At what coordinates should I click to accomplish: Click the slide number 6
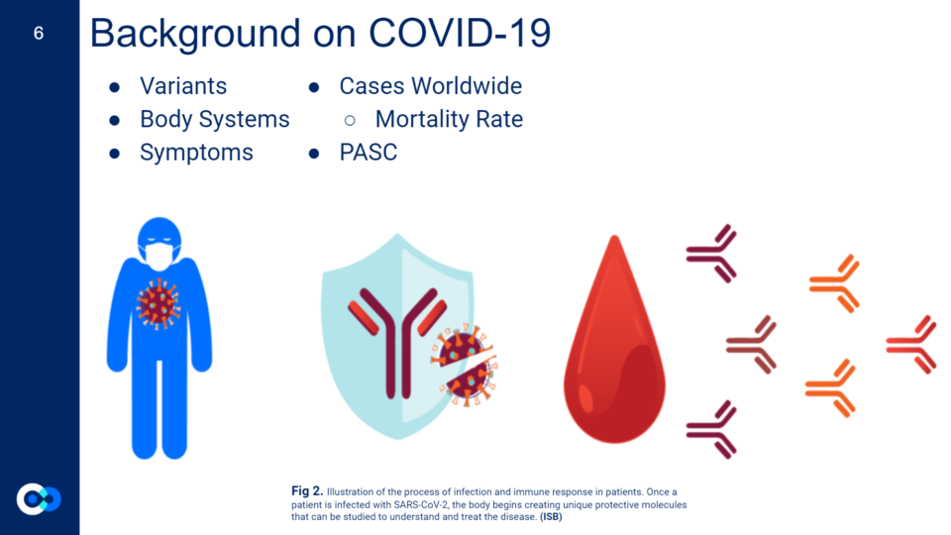(x=39, y=33)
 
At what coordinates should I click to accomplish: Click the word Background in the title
(x=195, y=34)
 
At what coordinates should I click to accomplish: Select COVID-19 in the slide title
(x=460, y=33)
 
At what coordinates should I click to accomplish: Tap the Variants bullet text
(x=183, y=86)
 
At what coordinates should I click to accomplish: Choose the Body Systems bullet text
(x=215, y=120)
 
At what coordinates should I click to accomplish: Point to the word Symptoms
(x=196, y=153)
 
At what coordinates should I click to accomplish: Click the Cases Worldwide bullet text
(x=431, y=86)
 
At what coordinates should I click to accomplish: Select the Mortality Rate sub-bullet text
(x=449, y=120)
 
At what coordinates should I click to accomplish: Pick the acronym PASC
(x=369, y=153)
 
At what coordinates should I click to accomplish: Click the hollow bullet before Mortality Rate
(x=350, y=120)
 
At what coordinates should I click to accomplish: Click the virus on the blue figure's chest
(x=158, y=304)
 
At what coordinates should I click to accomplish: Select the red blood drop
(x=614, y=340)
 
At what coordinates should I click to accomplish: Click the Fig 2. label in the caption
(x=307, y=490)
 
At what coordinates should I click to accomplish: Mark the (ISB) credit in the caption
(x=551, y=517)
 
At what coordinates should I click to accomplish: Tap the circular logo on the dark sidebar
(x=39, y=498)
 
